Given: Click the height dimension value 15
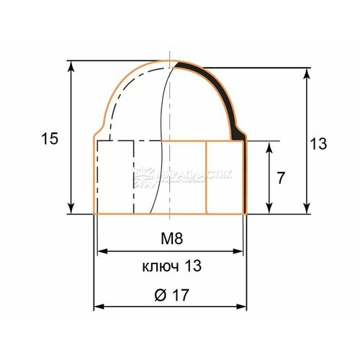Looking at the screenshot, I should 49,139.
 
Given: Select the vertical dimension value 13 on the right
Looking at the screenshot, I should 318,143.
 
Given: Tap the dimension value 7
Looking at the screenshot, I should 282,178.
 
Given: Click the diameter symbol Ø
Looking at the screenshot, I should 159,295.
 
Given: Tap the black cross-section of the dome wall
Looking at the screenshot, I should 216,86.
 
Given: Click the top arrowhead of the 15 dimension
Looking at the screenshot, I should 71,65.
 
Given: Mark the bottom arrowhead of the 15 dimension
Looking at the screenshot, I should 71,210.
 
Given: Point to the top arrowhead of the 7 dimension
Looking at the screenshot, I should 270,145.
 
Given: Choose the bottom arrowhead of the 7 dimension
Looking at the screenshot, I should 270,210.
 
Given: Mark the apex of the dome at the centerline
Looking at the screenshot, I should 169,61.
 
